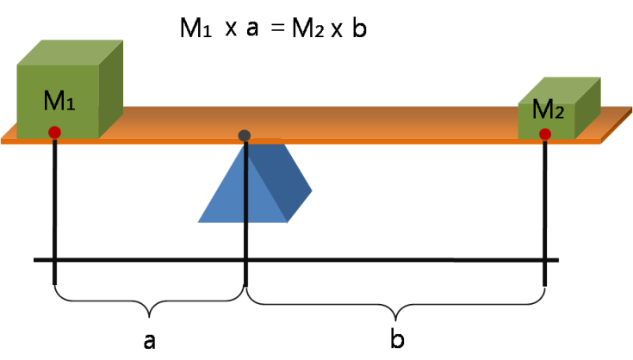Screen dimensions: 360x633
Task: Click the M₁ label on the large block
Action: click(x=59, y=102)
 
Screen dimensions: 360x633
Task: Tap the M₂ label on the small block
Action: click(x=549, y=109)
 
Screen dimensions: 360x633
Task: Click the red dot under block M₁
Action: click(x=54, y=132)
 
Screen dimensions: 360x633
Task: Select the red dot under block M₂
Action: click(x=545, y=133)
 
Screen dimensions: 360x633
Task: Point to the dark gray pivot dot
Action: click(x=245, y=135)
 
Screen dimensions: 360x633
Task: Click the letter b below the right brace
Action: click(x=397, y=338)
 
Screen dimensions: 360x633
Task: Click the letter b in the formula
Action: click(x=359, y=28)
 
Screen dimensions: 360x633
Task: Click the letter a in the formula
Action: click(x=252, y=29)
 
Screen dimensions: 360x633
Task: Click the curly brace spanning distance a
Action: click(x=150, y=302)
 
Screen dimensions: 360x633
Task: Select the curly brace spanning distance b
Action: click(x=396, y=303)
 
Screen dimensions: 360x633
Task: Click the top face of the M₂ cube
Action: click(x=560, y=88)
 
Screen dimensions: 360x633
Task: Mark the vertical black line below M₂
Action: click(x=545, y=215)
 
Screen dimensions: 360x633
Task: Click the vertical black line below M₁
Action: click(x=54, y=215)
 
